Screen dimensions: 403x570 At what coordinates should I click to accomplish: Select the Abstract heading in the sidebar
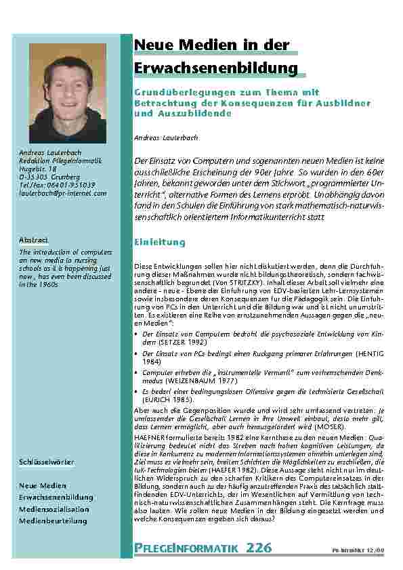point(33,240)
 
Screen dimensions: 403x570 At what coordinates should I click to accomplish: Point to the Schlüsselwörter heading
point(46,462)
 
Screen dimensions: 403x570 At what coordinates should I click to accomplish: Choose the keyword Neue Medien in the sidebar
point(43,486)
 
